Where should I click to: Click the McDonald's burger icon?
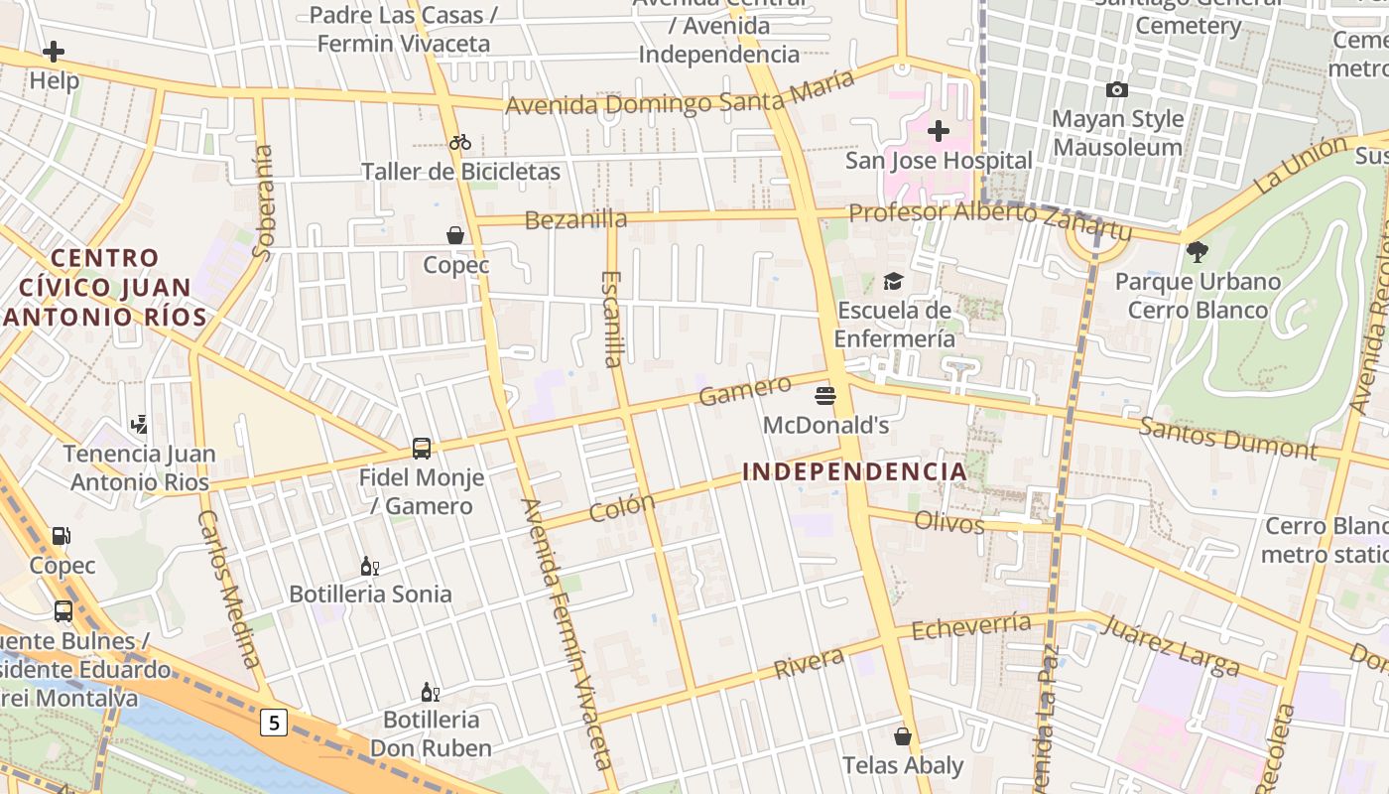(x=824, y=396)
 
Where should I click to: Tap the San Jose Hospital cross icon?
(x=938, y=130)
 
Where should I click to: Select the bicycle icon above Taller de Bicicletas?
(x=459, y=142)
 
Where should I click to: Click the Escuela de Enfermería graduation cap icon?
(x=893, y=282)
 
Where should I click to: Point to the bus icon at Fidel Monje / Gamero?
(x=422, y=449)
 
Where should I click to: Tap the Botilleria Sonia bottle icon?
(x=369, y=566)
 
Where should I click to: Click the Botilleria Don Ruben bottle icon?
(x=430, y=692)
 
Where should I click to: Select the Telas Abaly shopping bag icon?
(x=903, y=736)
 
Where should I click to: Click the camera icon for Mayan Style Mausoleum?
(x=1117, y=90)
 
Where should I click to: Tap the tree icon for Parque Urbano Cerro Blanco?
(x=1198, y=252)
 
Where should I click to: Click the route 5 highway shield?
(x=274, y=723)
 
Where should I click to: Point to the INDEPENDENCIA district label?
(x=854, y=471)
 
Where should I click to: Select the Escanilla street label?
(x=613, y=318)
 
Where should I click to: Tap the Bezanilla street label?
(x=575, y=219)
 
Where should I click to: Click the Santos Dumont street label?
(x=1227, y=437)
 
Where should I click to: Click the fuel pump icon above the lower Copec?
(x=62, y=536)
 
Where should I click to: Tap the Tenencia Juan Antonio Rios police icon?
(x=139, y=425)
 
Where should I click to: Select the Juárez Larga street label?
(x=1171, y=644)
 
